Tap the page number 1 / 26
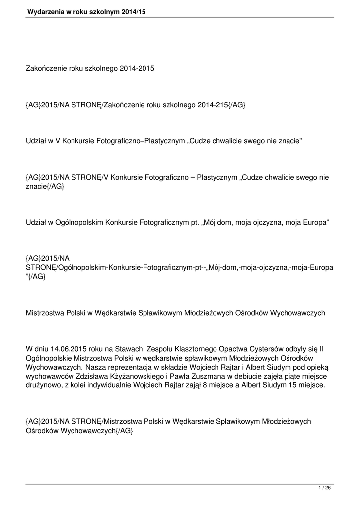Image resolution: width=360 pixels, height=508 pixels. pos(324,488)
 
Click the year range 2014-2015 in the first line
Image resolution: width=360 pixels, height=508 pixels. pos(137,68)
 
